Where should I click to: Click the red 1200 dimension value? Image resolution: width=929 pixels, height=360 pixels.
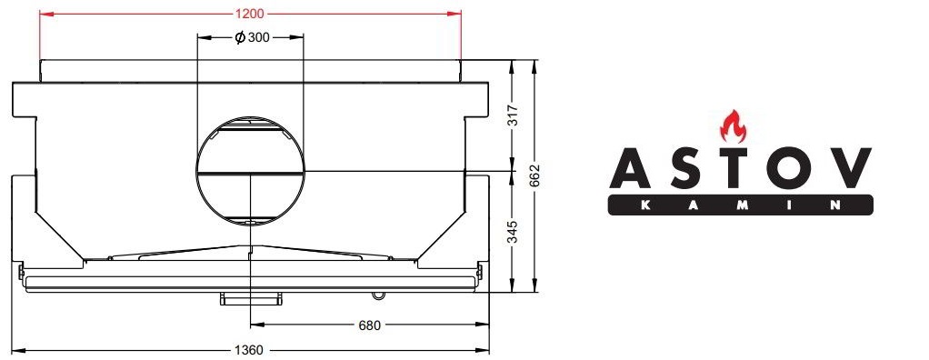point(250,14)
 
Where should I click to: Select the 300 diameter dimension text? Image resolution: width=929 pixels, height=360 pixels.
point(259,38)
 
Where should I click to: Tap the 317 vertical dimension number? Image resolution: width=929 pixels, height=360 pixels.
point(514,115)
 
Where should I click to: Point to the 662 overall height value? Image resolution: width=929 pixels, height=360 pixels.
point(537,175)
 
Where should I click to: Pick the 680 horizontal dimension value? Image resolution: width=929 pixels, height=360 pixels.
point(370,325)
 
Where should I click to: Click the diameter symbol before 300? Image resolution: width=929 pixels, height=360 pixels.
point(240,38)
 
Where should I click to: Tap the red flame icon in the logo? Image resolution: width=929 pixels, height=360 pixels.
point(733,125)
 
